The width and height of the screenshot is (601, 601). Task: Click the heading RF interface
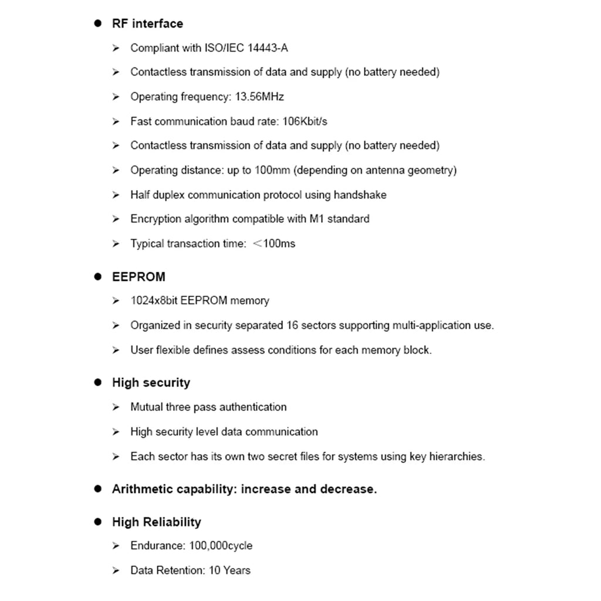(147, 23)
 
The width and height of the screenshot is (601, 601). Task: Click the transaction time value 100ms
(279, 244)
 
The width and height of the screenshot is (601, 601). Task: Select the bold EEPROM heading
(139, 276)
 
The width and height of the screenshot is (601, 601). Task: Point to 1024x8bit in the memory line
(154, 300)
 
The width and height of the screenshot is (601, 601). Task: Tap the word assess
(248, 350)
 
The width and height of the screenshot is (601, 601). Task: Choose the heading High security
(151, 383)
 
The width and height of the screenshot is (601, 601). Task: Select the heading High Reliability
(156, 522)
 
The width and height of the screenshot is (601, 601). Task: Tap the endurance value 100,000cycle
(221, 546)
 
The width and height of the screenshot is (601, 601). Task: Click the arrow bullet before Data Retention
(116, 570)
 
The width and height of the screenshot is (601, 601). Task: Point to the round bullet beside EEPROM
(98, 276)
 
